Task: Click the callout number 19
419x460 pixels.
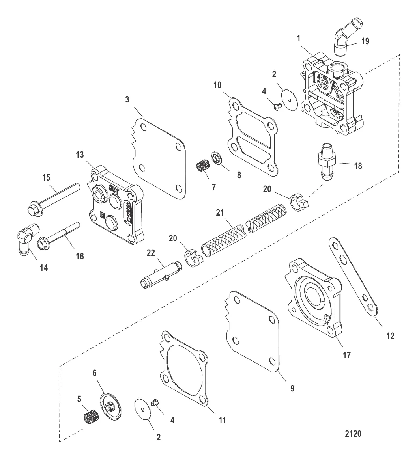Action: [365, 41]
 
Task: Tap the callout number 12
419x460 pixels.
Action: [390, 336]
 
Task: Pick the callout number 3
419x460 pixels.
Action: [127, 100]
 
